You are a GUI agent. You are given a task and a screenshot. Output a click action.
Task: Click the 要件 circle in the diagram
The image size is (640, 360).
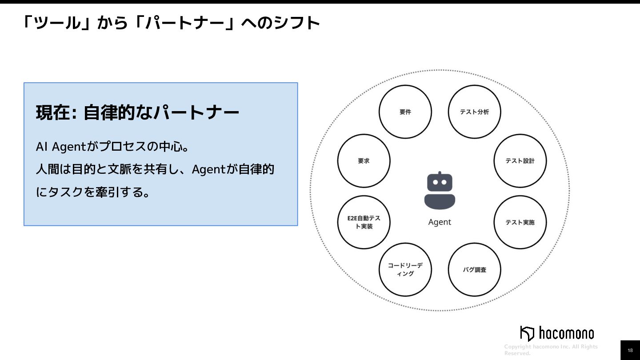tap(405, 112)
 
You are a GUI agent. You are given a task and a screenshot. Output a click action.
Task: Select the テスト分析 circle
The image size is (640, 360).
tap(474, 112)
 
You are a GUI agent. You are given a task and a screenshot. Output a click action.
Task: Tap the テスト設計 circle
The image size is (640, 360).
tap(520, 161)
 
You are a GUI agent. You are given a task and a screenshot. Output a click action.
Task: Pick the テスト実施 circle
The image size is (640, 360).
tap(520, 222)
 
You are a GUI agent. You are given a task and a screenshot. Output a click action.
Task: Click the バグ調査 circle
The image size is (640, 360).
tap(474, 270)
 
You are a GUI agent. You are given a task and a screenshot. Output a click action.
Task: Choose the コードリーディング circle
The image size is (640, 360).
tap(405, 270)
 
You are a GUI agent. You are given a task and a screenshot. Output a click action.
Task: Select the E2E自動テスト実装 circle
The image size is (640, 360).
tap(364, 222)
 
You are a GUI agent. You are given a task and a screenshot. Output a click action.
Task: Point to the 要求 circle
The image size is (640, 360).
tap(364, 161)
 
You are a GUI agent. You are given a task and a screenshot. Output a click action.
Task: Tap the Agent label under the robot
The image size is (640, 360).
tap(440, 222)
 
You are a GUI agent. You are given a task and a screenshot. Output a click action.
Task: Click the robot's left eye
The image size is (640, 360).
tap(435, 182)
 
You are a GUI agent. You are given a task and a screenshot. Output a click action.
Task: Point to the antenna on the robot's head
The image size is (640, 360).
tap(440, 173)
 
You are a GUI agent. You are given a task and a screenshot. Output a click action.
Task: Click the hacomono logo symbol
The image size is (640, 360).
tap(527, 333)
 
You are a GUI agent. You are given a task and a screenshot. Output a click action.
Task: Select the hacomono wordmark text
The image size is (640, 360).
tap(567, 333)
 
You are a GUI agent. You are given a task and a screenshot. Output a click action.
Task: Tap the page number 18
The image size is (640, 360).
tap(630, 350)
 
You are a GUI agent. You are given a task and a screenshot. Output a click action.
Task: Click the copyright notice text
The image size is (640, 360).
tap(551, 350)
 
